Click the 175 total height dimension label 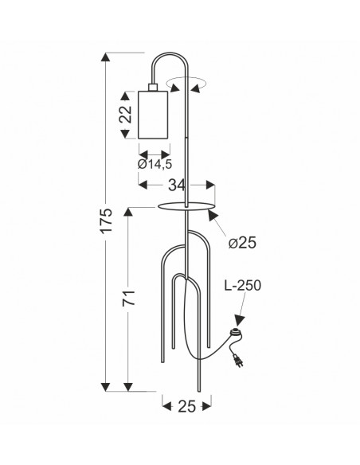coord(107,221)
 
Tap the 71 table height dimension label coord(129,298)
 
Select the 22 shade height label coord(125,115)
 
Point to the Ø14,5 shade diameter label coord(155,164)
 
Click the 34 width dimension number coord(177,185)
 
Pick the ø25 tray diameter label coord(242,243)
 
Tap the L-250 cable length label coord(243,285)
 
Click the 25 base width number coord(187,406)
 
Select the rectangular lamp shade coord(153,115)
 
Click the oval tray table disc coord(186,206)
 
